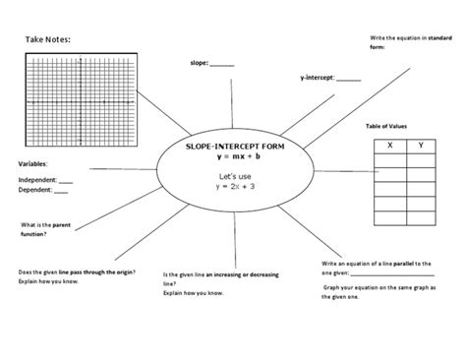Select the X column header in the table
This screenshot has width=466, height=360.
[392, 146]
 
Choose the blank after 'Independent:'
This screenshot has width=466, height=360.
[66, 181]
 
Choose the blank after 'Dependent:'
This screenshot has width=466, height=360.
[61, 192]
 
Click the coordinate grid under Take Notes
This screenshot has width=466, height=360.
[79, 99]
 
